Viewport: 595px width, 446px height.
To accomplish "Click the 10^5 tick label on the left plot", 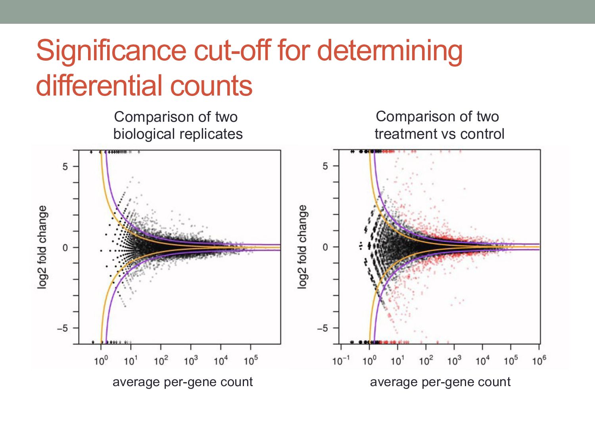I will tap(251, 361).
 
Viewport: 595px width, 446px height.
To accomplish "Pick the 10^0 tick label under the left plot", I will tap(101, 361).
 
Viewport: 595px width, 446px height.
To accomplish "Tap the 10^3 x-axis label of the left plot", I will tap(191, 361).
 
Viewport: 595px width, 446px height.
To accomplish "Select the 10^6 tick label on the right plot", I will tap(539, 361).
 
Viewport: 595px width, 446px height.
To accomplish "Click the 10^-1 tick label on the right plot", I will tap(341, 361).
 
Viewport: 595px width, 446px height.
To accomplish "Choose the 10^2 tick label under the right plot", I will tap(426, 361).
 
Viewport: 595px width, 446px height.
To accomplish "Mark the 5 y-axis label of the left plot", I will tap(65, 167).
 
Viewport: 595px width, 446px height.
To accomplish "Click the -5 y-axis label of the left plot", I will tap(63, 328).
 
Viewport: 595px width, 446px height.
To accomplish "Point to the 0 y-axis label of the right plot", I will tap(325, 247).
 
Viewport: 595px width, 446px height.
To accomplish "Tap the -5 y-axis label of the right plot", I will tap(322, 328).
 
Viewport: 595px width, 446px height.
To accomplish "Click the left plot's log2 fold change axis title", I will tap(42, 247).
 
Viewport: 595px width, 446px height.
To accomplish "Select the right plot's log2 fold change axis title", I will tap(302, 247).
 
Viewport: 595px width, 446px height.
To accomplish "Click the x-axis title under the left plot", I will tap(182, 382).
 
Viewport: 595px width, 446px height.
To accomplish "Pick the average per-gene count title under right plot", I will tap(440, 382).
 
